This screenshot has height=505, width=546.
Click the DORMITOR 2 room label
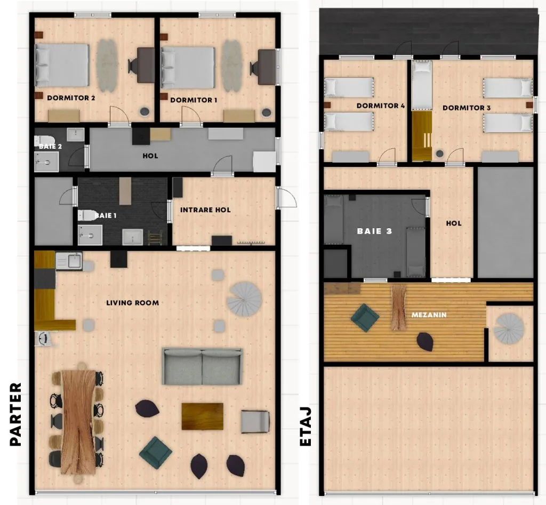(71, 98)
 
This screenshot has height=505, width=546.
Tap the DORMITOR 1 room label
(194, 100)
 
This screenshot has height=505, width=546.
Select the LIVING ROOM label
(133, 303)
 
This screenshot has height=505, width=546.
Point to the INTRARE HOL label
(205, 210)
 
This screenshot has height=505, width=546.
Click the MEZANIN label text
(429, 315)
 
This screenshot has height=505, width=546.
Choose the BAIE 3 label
(375, 231)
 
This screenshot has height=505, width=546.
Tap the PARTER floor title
(15, 414)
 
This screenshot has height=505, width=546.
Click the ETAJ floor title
(306, 427)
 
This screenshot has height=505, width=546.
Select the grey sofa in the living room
(202, 366)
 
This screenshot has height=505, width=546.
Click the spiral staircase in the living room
(244, 299)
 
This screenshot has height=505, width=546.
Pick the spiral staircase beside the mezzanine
(509, 329)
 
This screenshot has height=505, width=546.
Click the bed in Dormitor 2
(62, 65)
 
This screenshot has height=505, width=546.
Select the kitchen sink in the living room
(69, 261)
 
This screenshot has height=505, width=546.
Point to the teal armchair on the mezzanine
(365, 318)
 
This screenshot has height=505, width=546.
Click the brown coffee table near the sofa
(202, 416)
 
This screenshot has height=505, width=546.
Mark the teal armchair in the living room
(155, 453)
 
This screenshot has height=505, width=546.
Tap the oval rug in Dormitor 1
(232, 66)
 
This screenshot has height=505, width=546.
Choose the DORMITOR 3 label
(467, 108)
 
